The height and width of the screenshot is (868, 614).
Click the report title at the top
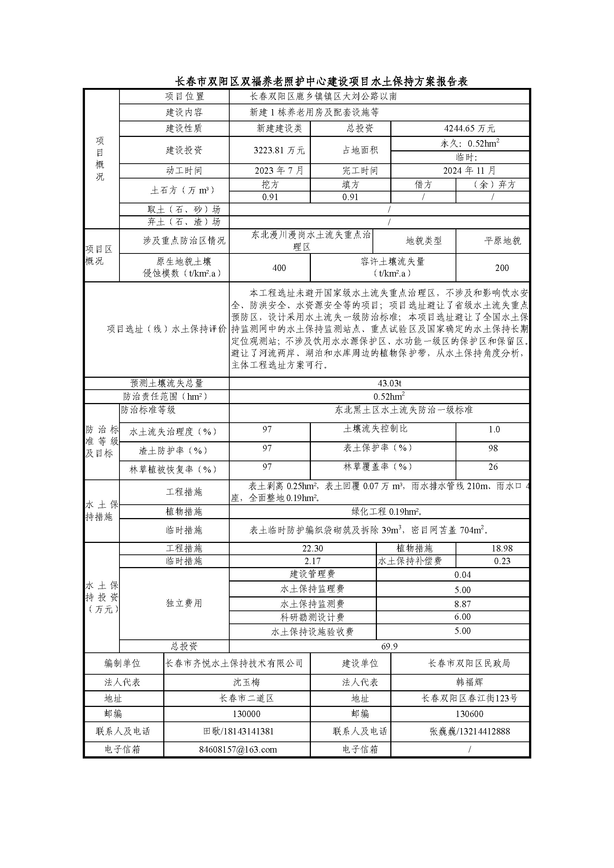(321, 81)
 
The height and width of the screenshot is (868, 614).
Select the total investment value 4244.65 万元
(469, 129)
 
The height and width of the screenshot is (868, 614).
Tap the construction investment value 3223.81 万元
(279, 150)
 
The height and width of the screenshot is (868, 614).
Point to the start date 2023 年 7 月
(279, 171)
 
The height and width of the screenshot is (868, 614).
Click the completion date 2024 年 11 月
(469, 171)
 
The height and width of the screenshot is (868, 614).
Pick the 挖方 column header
(270, 184)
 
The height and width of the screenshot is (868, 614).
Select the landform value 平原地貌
(502, 240)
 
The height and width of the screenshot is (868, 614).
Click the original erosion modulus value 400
(279, 268)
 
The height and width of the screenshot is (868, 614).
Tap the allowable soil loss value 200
(502, 268)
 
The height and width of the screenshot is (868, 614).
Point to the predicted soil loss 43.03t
(390, 383)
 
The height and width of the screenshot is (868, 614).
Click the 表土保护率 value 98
(493, 448)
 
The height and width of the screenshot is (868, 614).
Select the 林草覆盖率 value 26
(493, 467)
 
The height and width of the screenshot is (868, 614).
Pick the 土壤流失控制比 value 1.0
(494, 429)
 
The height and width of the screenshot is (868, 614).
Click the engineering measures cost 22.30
(312, 548)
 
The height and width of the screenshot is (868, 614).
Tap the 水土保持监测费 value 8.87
(462, 604)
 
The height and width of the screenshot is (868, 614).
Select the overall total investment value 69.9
(390, 646)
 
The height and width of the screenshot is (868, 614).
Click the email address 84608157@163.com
(238, 749)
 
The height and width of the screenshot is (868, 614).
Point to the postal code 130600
(469, 714)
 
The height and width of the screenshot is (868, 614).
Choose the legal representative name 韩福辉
(469, 682)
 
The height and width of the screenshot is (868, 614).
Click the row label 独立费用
(184, 603)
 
